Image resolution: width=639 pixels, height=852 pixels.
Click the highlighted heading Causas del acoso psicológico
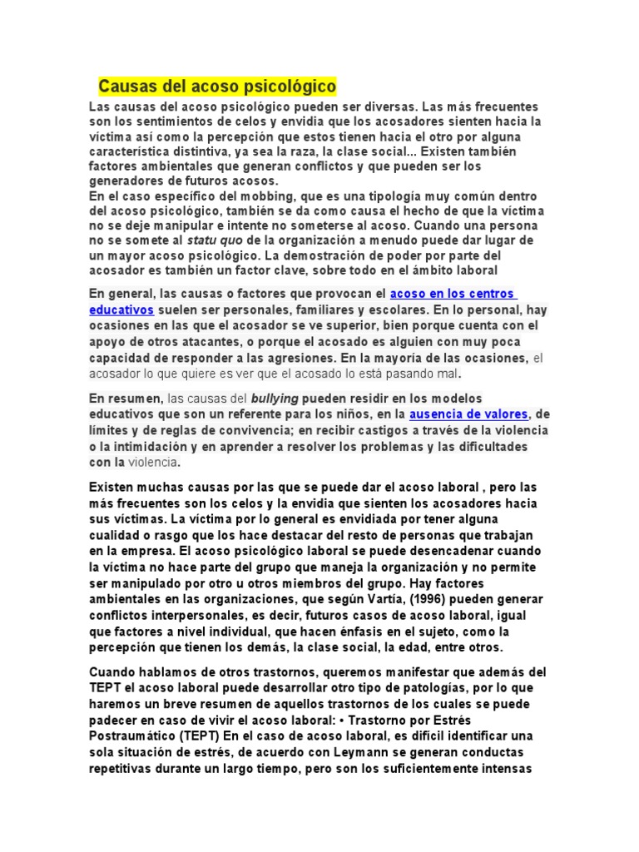point(217,86)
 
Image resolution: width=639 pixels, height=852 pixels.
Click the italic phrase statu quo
point(212,240)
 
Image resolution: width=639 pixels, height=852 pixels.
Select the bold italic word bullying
point(274,399)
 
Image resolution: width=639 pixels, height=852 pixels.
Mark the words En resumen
point(126,399)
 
